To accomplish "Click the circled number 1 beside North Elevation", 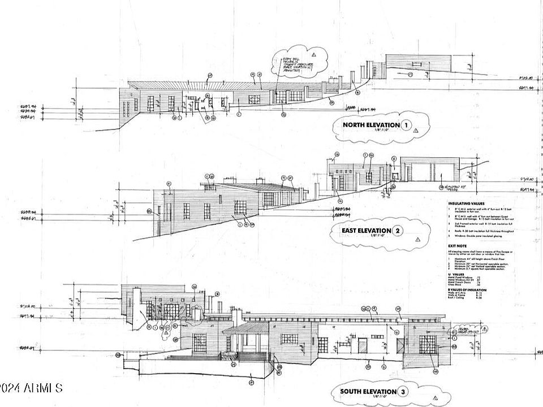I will [x=406, y=125].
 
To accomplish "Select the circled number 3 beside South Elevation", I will [x=402, y=391].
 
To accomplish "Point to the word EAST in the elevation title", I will [x=351, y=231].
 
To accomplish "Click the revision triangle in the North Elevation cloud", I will [x=416, y=131].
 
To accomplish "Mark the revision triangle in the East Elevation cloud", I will [x=417, y=239].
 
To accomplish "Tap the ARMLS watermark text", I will [x=31, y=388].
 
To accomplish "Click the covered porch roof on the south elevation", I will [x=245, y=328].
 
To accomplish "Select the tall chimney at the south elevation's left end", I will [x=136, y=308].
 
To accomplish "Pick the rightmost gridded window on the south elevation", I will [x=428, y=344].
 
